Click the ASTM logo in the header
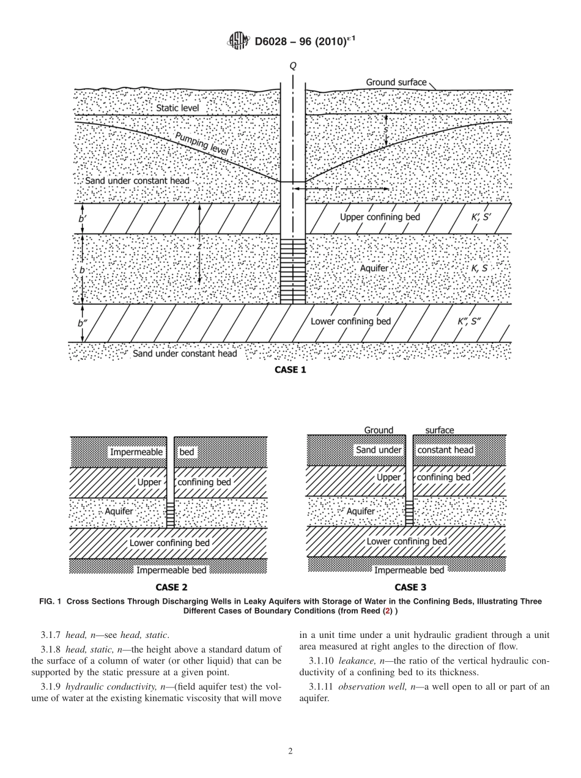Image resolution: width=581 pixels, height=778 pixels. [238, 42]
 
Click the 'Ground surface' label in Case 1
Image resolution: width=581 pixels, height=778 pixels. [396, 82]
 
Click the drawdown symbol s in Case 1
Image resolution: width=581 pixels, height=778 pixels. [386, 129]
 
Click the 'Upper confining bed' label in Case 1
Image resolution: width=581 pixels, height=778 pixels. [380, 217]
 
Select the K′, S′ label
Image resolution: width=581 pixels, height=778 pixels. [478, 217]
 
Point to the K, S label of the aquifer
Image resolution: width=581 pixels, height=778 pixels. [479, 268]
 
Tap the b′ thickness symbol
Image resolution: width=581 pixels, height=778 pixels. [82, 218]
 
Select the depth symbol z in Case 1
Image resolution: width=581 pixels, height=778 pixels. [199, 246]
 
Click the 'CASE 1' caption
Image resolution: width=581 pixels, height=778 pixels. [290, 370]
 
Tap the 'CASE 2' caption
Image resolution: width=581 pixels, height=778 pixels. [167, 588]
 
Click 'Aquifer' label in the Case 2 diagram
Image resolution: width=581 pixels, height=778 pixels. [119, 511]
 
